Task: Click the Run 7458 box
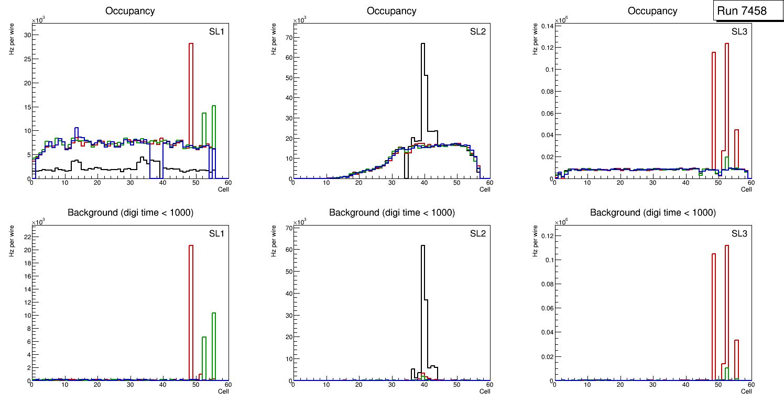pyautogui.click(x=742, y=10)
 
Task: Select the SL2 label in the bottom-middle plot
pyautogui.click(x=477, y=233)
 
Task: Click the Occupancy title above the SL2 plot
pyautogui.click(x=391, y=11)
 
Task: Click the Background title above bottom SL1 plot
pyautogui.click(x=130, y=212)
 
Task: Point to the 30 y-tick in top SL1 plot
pyautogui.click(x=27, y=35)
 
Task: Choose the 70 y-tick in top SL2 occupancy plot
pyautogui.click(x=288, y=38)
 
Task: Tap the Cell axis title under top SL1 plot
pyautogui.click(x=223, y=189)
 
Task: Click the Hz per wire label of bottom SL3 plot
pyautogui.click(x=535, y=240)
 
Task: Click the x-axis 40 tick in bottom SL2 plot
pyautogui.click(x=424, y=385)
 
